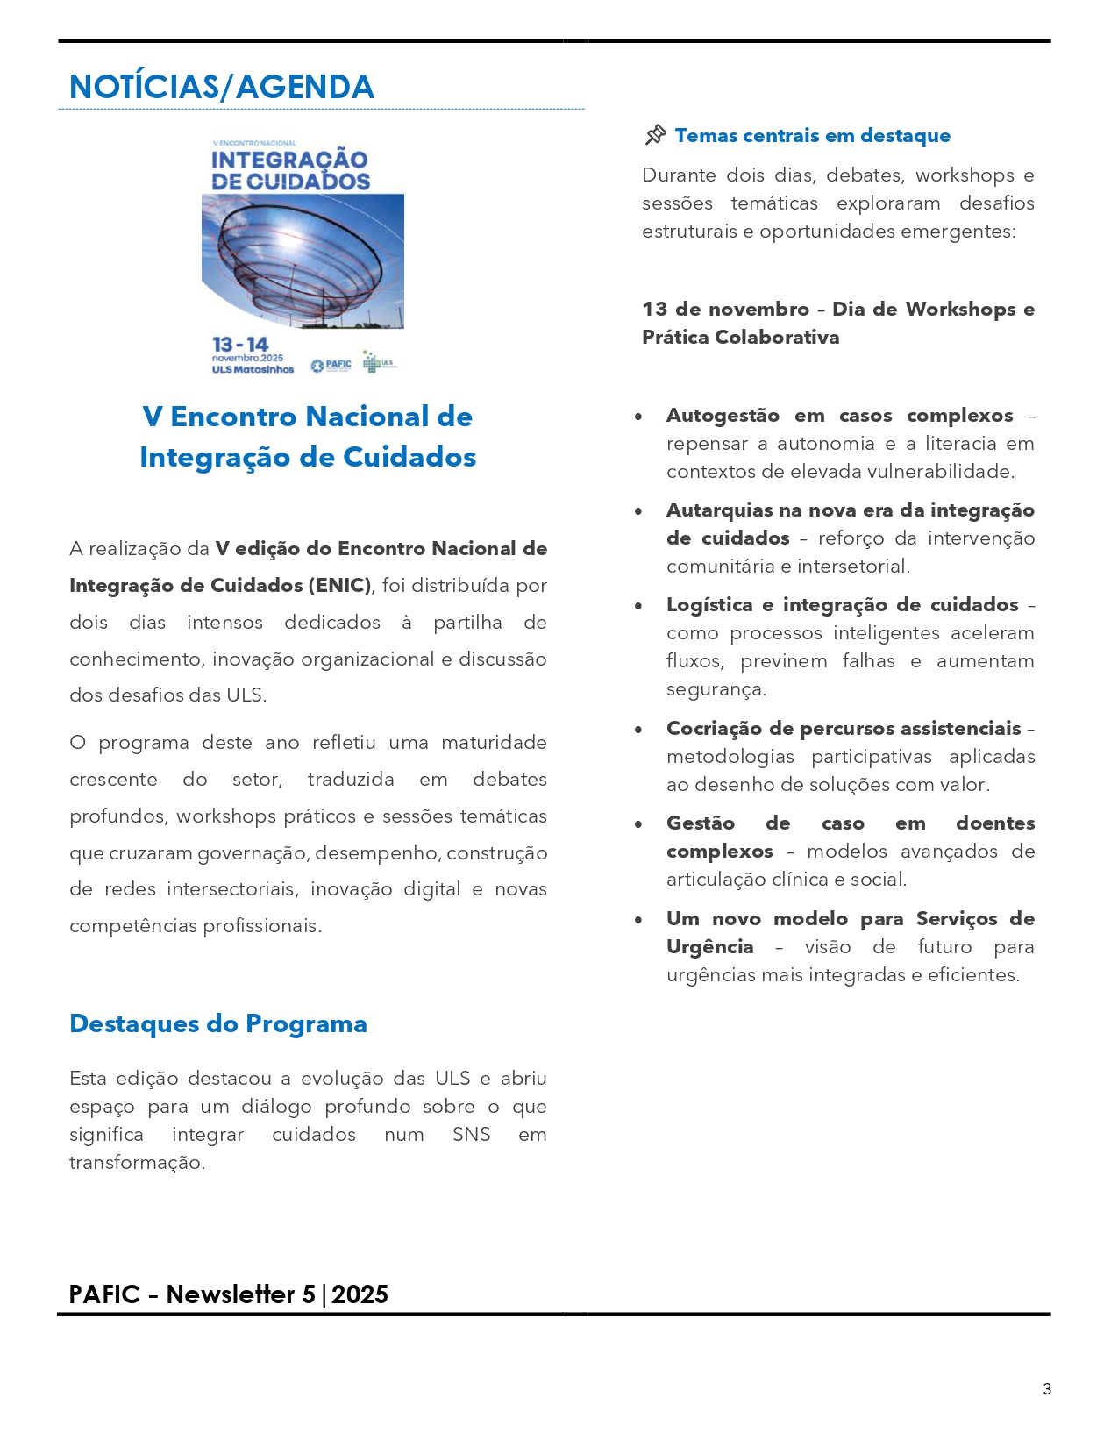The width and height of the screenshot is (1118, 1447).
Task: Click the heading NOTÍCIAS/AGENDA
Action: (221, 87)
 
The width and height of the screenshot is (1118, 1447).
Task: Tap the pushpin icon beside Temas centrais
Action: (655, 135)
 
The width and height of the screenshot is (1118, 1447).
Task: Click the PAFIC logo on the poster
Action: (331, 364)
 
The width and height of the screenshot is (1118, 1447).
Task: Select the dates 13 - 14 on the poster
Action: (239, 344)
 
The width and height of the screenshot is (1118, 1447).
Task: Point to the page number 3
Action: (1046, 1388)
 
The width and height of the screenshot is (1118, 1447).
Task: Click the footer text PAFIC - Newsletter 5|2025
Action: (228, 1294)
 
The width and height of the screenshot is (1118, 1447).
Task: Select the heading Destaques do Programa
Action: (218, 1023)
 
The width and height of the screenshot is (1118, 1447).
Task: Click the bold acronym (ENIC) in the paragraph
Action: (338, 585)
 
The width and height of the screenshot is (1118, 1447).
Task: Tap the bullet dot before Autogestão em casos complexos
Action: (638, 417)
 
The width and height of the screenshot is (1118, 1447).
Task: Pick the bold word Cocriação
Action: (712, 729)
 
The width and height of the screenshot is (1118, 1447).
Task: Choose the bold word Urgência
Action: (709, 947)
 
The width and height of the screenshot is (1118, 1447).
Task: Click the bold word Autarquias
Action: (716, 510)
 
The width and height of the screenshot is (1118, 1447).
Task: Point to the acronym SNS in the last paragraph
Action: (471, 1135)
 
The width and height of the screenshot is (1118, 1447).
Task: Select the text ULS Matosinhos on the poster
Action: (253, 369)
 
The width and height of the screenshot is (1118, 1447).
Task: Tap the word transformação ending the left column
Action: (137, 1163)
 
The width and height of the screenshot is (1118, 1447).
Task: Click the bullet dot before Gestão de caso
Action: (638, 824)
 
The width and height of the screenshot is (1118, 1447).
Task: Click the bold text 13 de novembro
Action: (725, 310)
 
